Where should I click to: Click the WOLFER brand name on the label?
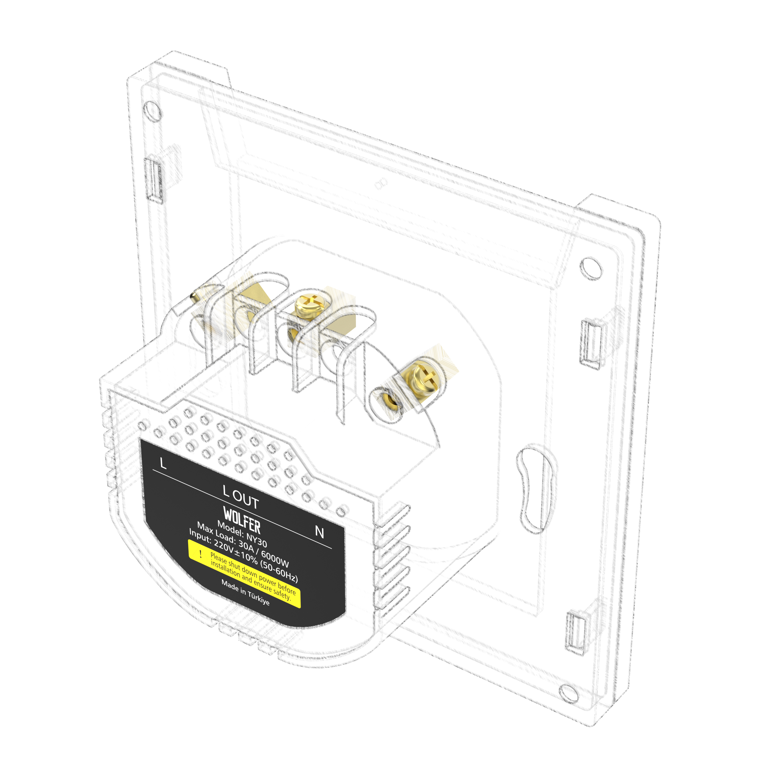pyautogui.click(x=242, y=521)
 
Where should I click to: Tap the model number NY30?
pyautogui.click(x=257, y=539)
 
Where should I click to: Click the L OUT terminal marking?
pyautogui.click(x=240, y=497)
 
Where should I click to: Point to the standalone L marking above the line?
pyautogui.click(x=163, y=463)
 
